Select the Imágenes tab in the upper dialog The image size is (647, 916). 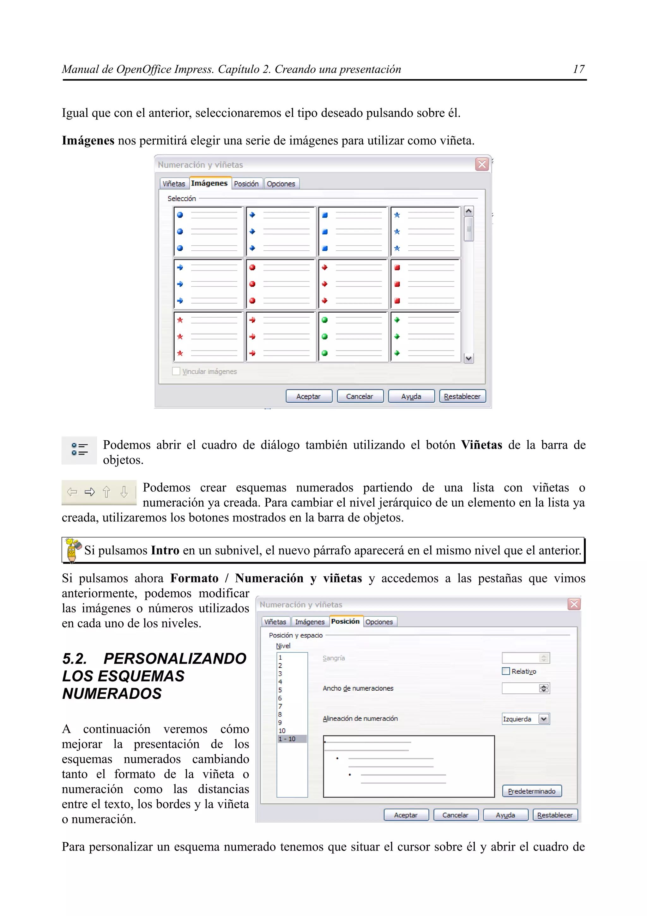point(209,183)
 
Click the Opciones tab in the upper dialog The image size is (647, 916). point(281,184)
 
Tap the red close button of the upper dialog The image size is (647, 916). point(482,164)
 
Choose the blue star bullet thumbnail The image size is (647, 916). point(425,231)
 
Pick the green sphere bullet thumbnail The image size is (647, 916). point(353,337)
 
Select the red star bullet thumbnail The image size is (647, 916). point(209,337)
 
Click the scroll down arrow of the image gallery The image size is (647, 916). point(469,358)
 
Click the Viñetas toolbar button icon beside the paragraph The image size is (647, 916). point(79,449)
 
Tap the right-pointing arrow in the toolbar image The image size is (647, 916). point(90,492)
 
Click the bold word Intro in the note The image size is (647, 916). point(165,551)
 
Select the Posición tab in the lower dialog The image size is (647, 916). point(345,621)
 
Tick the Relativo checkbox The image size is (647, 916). point(506,671)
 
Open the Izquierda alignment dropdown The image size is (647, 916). point(544,719)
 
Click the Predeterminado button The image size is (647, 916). point(531,791)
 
